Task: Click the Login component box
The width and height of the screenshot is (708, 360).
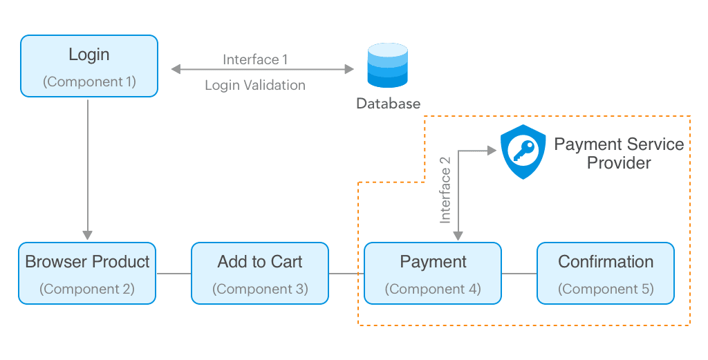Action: (x=89, y=66)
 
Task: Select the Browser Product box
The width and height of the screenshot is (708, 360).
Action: (x=87, y=273)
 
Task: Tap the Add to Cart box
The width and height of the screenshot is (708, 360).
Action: (x=260, y=273)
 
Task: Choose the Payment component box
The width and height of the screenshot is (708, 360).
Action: (x=433, y=273)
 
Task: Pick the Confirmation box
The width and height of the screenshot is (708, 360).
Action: (x=606, y=273)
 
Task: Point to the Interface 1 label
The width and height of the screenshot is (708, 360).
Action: (x=255, y=59)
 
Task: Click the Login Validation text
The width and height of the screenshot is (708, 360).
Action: (x=255, y=86)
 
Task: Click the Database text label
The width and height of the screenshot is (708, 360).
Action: (x=388, y=104)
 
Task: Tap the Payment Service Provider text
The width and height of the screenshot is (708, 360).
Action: (x=619, y=153)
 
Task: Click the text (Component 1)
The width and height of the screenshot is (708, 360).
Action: (x=89, y=82)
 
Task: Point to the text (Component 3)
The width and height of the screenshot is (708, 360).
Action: (x=260, y=288)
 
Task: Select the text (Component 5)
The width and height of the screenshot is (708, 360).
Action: (x=606, y=288)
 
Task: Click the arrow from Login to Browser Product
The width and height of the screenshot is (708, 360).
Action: (x=88, y=166)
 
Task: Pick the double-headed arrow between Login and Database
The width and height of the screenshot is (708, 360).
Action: (x=263, y=69)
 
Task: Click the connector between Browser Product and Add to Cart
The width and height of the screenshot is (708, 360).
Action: (x=174, y=274)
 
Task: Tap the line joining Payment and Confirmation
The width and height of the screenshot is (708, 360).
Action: (x=519, y=274)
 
